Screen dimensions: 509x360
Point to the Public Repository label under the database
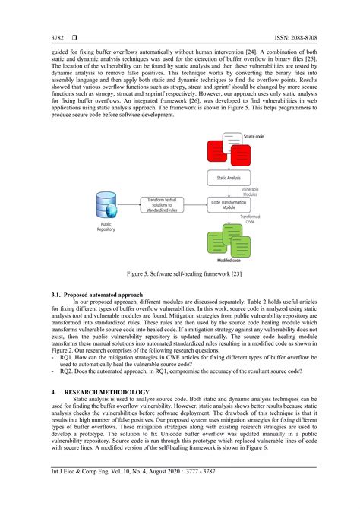pos(105,229)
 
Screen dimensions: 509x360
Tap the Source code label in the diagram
pos(254,137)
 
